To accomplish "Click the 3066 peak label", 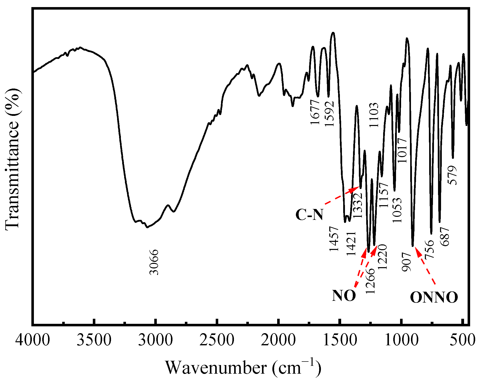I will (x=154, y=262).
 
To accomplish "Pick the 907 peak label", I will (x=407, y=262).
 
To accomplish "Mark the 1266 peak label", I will (x=370, y=281).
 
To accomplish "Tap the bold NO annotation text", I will (x=344, y=295).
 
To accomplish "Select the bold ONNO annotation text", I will (x=434, y=297).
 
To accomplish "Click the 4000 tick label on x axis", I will (x=32, y=340).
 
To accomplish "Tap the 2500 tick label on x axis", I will (x=217, y=340).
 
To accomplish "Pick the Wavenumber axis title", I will (x=243, y=367).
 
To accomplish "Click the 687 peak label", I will (x=445, y=237).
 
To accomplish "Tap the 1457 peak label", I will (x=334, y=239).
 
